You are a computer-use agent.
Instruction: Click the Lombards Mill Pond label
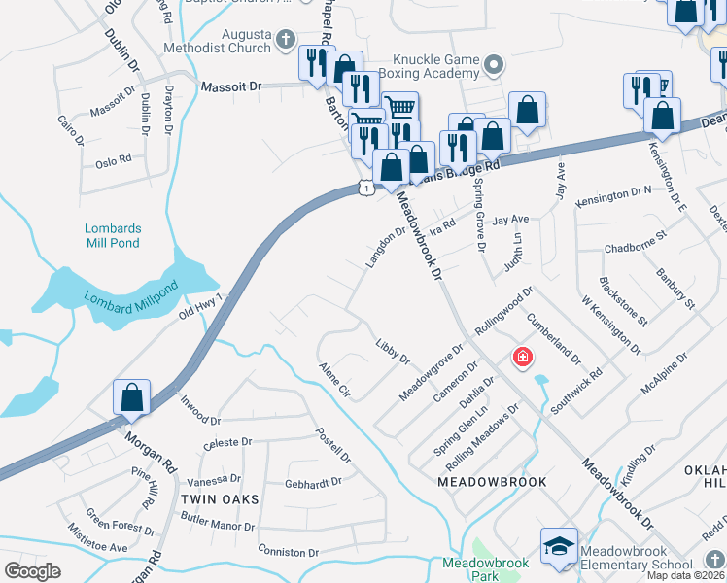112,235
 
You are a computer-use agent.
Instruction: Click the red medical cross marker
523,359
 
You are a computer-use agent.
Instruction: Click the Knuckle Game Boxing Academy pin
494,66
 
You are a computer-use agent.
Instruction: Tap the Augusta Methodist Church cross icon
285,40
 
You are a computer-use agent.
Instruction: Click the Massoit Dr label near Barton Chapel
231,86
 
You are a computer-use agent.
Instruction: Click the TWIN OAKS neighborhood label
220,498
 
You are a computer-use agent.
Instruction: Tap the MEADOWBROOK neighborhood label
492,482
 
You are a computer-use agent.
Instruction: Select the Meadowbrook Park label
486,568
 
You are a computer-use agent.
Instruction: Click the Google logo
32,571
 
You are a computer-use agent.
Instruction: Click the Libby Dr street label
393,351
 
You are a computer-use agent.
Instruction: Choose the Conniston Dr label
289,551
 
